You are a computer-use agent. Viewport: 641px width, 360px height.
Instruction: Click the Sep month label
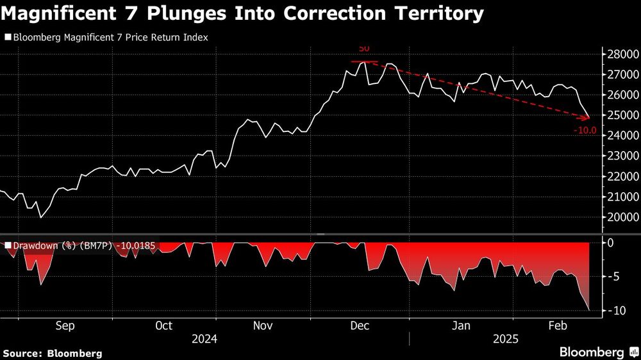point(65,326)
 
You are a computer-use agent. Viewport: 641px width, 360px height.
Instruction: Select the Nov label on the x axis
point(263,326)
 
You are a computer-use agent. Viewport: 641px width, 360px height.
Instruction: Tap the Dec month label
point(360,326)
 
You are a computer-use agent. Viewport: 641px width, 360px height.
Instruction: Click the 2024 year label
point(203,339)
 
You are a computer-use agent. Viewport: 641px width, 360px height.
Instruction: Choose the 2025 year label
point(506,339)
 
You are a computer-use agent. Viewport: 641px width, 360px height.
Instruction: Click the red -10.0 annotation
point(585,131)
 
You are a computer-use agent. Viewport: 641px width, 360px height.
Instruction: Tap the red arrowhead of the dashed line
point(587,117)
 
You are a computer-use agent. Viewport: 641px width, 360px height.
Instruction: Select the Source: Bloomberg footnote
point(53,353)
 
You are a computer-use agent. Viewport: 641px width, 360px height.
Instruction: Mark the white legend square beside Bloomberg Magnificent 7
point(8,38)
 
